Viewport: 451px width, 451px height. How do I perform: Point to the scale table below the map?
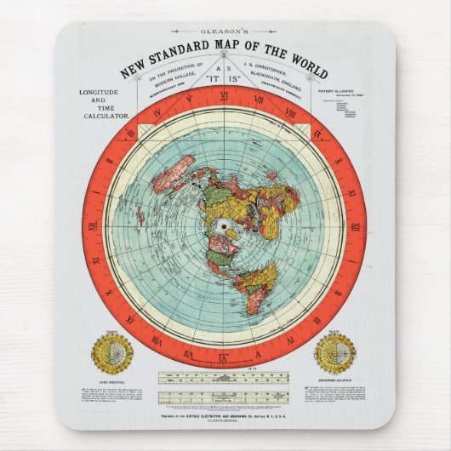pyautogui.click(x=225, y=386)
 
